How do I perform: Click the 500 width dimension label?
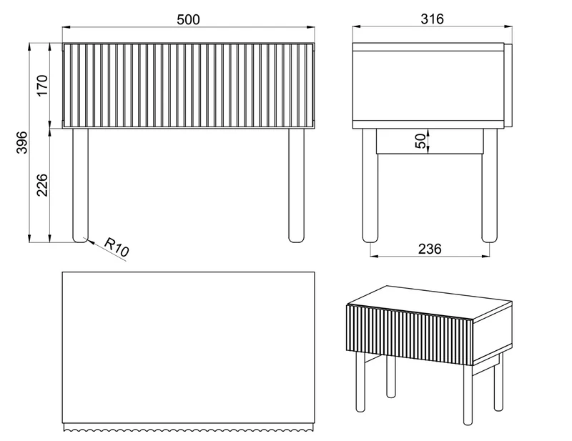coord(188,20)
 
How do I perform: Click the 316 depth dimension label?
coord(432,19)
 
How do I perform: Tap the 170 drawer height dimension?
coord(43,85)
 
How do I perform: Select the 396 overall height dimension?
coord(22,143)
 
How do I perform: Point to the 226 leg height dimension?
coord(43,185)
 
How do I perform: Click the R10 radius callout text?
coord(117,247)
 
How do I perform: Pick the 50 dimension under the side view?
coord(420,142)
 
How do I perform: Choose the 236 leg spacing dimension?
coord(430,249)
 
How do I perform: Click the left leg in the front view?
coord(80,185)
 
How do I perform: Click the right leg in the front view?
coord(296,185)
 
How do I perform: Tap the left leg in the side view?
coord(370,185)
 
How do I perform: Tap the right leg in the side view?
coord(490,185)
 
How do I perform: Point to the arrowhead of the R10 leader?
coord(87,239)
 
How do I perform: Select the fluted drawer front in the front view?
coord(188,86)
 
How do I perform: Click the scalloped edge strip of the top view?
coord(188,427)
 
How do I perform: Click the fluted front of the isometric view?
coord(410,335)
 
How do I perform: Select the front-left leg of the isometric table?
coord(360,382)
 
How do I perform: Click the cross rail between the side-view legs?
coord(430,142)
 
